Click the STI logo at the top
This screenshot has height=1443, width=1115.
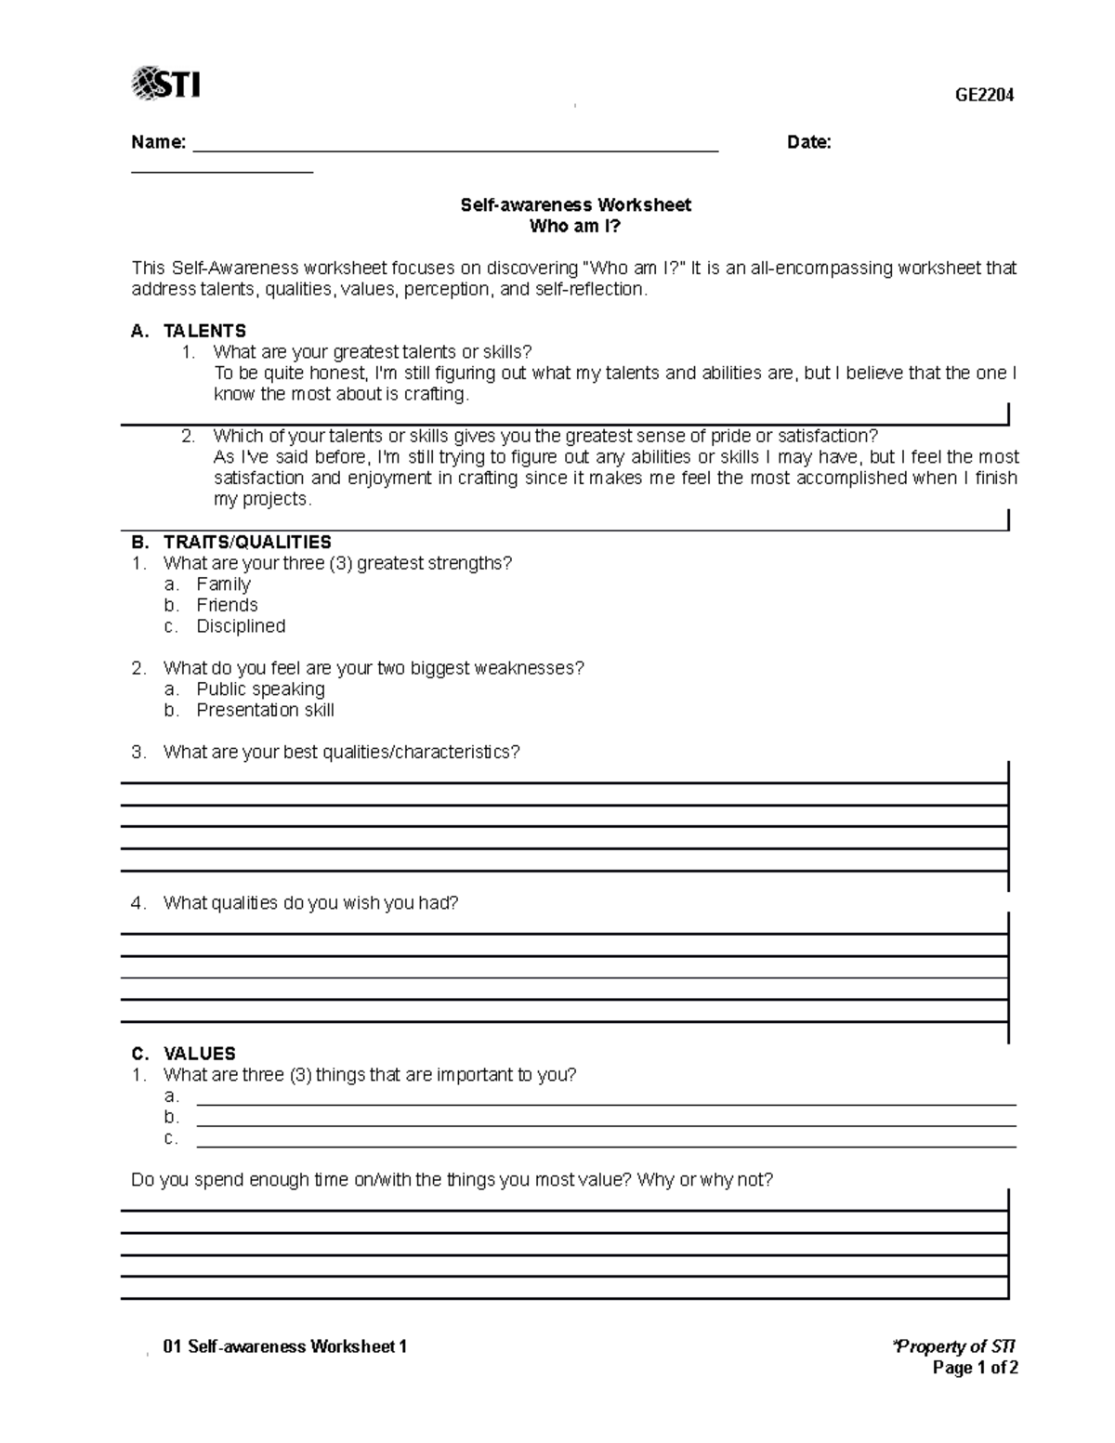tap(166, 84)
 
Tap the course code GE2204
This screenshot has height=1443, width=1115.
tap(985, 95)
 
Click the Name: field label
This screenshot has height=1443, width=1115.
tap(158, 142)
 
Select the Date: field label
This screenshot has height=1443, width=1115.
tap(808, 142)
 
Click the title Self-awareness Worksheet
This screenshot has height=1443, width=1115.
tap(575, 204)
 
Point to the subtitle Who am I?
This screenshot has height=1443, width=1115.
tap(575, 226)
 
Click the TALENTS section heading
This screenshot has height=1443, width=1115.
tap(204, 331)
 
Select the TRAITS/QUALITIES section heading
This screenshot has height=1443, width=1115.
tap(247, 542)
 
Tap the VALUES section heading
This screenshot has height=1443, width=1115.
tap(199, 1054)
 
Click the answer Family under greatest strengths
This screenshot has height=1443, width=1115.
tap(223, 584)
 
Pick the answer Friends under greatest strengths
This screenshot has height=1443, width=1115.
tap(227, 605)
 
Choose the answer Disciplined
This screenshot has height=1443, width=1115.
tap(241, 626)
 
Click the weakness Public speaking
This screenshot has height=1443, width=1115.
tap(260, 689)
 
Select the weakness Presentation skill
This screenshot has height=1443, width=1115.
tap(265, 710)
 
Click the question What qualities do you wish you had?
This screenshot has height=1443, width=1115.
tap(310, 903)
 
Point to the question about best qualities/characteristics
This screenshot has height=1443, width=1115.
tap(341, 752)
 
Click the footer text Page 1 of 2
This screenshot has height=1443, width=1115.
tap(976, 1368)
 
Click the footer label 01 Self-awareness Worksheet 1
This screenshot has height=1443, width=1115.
tap(284, 1346)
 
